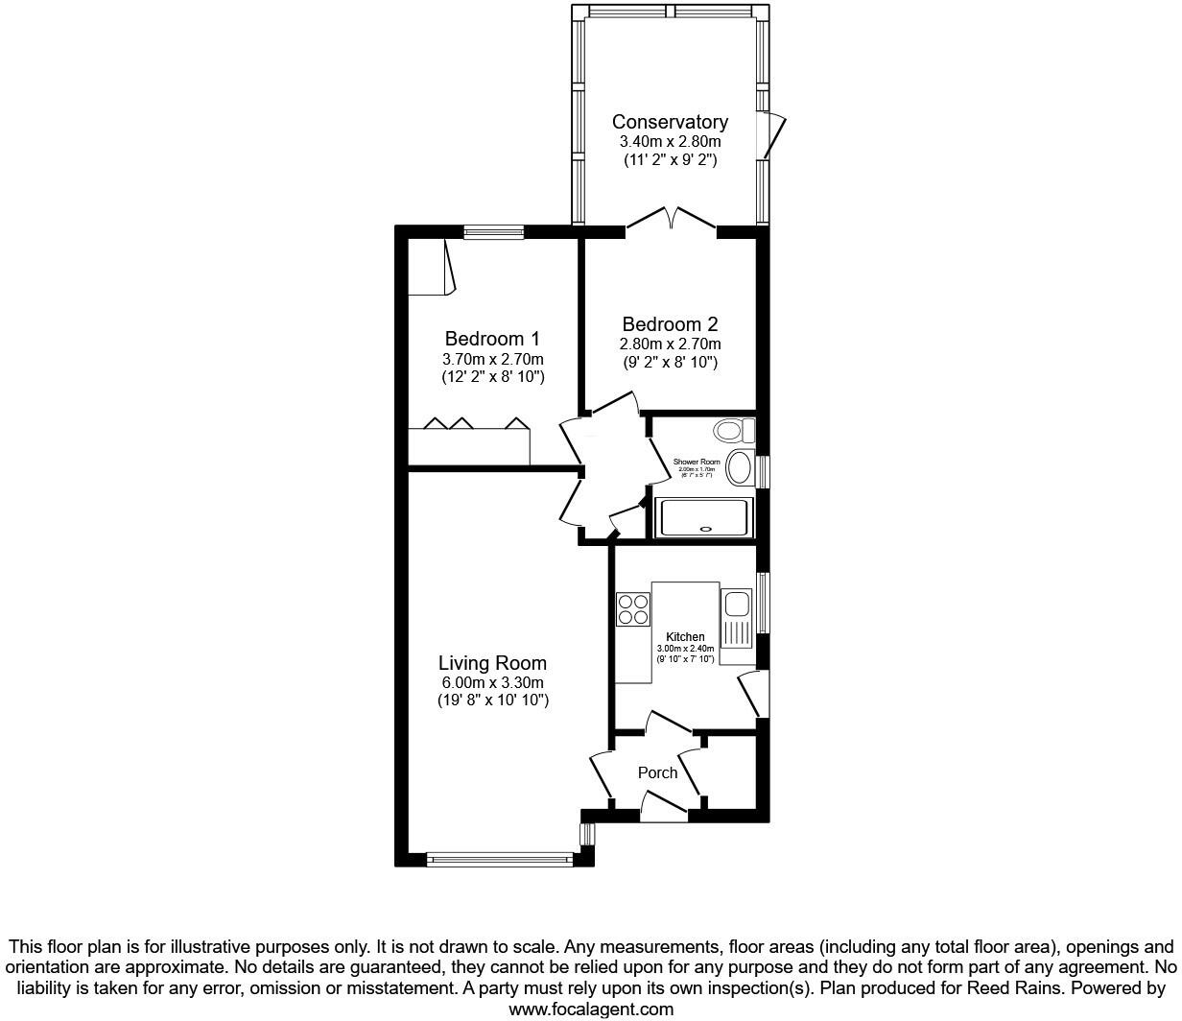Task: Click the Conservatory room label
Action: coord(670,122)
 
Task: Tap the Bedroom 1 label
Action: coord(492,339)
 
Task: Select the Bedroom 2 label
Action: coord(670,324)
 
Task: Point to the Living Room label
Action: coord(492,663)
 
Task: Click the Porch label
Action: coord(657,772)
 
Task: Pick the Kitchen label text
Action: coord(685,637)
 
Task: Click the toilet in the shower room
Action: coord(732,429)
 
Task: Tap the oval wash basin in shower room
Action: coord(740,468)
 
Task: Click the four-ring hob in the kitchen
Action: coord(632,609)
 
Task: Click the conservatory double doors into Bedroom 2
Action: coord(672,219)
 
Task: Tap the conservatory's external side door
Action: coord(773,134)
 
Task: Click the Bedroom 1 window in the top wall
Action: coord(493,231)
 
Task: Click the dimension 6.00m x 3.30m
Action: coord(492,682)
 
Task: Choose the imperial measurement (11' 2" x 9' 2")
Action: coord(670,159)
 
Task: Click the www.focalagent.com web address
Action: coord(590,1009)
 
